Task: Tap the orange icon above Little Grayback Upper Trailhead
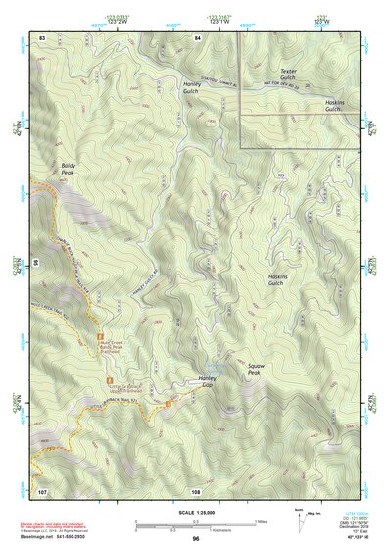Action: pyautogui.click(x=110, y=377)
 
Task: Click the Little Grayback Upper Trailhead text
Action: pyautogui.click(x=123, y=389)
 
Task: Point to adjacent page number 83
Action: pyautogui.click(x=42, y=37)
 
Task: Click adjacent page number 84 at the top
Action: pyautogui.click(x=197, y=37)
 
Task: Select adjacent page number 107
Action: pyautogui.click(x=41, y=490)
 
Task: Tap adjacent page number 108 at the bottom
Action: pyautogui.click(x=196, y=490)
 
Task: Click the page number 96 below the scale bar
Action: pyautogui.click(x=196, y=539)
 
